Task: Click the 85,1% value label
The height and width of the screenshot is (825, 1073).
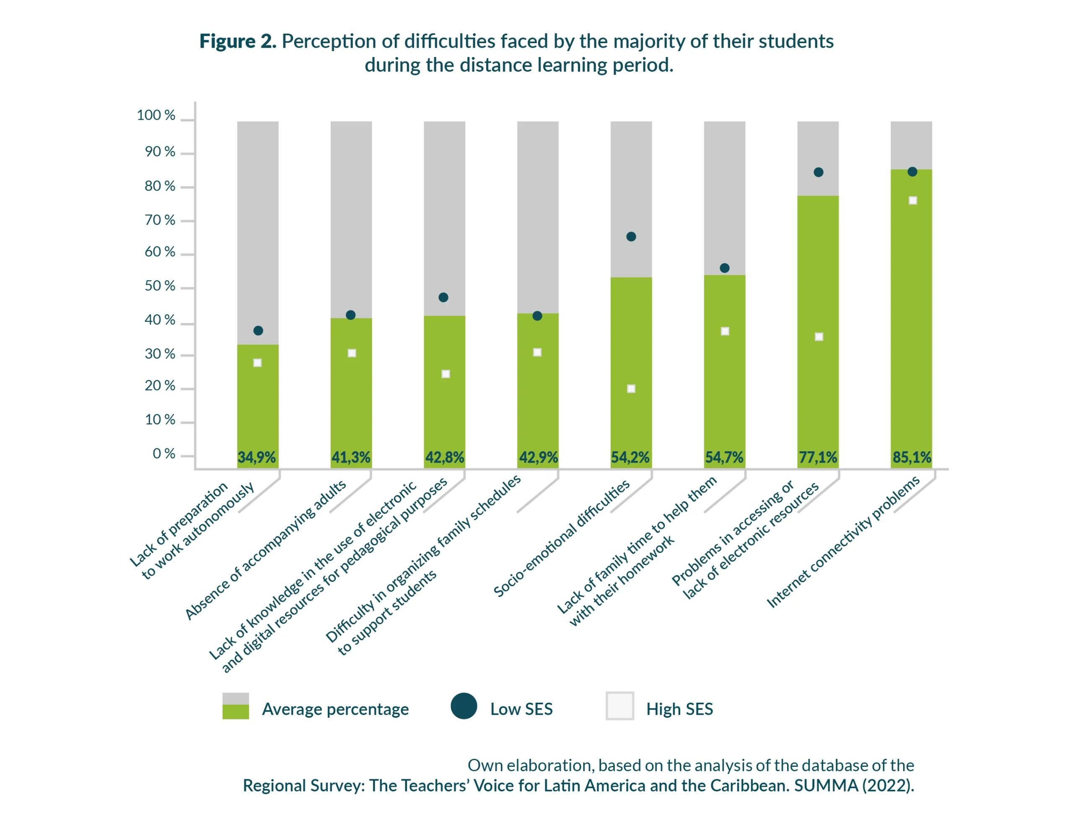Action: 911,458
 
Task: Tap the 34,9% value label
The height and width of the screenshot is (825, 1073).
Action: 257,458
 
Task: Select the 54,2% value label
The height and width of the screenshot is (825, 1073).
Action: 630,458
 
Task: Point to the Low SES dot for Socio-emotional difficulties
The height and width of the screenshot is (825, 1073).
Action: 631,237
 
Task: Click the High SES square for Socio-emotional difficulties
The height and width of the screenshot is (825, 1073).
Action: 631,389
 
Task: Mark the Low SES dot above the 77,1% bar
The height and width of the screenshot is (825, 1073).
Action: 819,172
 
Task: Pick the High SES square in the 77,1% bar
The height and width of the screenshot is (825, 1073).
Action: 819,337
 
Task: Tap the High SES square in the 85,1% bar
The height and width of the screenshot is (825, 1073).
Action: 913,200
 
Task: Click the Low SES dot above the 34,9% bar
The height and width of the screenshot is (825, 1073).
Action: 258,331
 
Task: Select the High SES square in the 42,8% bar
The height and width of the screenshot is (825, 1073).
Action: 446,374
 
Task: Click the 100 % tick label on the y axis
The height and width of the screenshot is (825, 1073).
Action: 156,115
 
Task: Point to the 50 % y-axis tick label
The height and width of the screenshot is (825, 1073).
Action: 160,286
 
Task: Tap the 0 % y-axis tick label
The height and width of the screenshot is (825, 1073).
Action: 163,454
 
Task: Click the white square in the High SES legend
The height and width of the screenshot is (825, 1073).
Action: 620,706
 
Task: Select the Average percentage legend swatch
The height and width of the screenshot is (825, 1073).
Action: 235,706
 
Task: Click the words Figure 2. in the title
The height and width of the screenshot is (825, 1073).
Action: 238,41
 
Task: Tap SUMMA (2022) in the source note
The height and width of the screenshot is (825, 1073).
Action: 853,786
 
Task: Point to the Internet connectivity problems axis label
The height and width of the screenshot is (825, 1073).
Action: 843,542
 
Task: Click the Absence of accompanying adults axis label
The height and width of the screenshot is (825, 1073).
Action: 265,551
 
